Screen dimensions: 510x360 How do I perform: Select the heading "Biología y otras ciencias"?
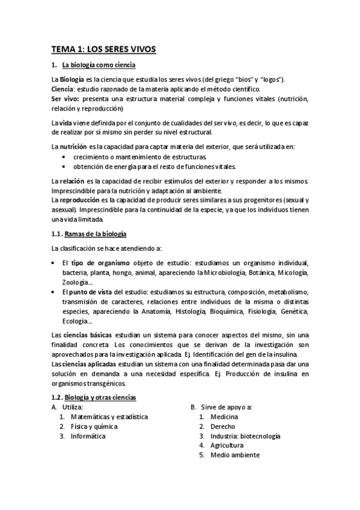(x=100, y=398)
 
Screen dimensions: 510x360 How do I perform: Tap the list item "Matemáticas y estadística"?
(x=109, y=417)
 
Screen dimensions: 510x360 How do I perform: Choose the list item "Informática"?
(x=88, y=436)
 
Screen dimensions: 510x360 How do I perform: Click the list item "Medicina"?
(x=224, y=417)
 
